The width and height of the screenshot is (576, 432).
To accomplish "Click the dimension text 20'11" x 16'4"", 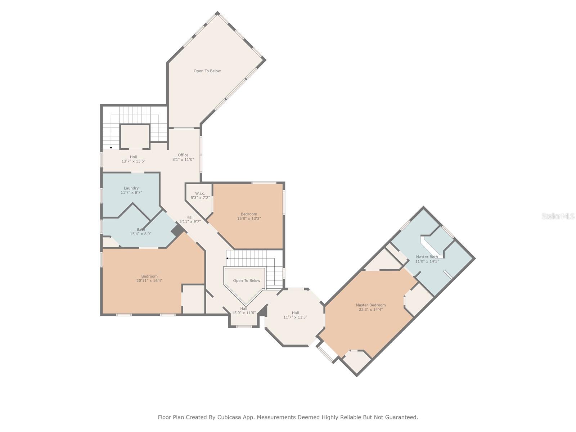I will (x=149, y=281).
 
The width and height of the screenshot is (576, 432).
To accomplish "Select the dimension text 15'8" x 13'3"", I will (x=249, y=219).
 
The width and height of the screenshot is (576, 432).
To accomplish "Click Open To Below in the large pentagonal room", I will (x=207, y=71).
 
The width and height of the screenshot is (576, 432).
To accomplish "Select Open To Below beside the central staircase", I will (x=246, y=281).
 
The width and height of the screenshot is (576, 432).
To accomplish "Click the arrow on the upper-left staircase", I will (x=111, y=147).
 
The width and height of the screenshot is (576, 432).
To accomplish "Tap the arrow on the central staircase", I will (x=228, y=258).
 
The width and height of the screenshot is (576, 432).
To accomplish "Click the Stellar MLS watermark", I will (x=558, y=216).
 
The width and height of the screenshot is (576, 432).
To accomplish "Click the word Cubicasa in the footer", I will (x=230, y=418).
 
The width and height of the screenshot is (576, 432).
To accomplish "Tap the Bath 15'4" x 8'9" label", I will (x=140, y=231).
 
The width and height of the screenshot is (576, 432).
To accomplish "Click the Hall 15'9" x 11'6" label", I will (x=244, y=311).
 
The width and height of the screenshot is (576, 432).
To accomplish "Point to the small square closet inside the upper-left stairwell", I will (x=135, y=136).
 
